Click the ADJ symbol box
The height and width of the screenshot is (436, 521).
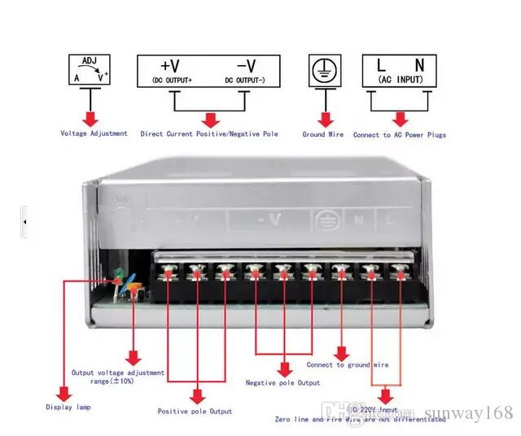tap(88, 69)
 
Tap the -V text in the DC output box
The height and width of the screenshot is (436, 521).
tap(246, 65)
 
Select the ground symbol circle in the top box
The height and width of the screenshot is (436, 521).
tap(326, 70)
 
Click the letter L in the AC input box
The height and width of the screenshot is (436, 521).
tap(380, 64)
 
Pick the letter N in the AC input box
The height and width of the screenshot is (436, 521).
tap(418, 64)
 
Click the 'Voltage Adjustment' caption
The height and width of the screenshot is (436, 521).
tap(94, 133)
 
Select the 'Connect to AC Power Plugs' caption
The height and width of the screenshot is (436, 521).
tap(400, 135)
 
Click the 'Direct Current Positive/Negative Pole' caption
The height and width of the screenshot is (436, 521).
tap(209, 133)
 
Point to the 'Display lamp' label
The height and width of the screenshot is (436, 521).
tap(68, 407)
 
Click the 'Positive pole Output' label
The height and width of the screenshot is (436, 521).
tap(195, 412)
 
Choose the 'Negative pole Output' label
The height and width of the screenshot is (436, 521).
tap(282, 382)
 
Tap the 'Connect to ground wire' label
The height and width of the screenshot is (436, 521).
tap(348, 364)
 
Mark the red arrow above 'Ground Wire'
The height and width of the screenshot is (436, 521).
tap(326, 117)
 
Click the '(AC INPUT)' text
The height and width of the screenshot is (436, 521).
tap(399, 80)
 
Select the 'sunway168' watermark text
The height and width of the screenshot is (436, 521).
tap(471, 413)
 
